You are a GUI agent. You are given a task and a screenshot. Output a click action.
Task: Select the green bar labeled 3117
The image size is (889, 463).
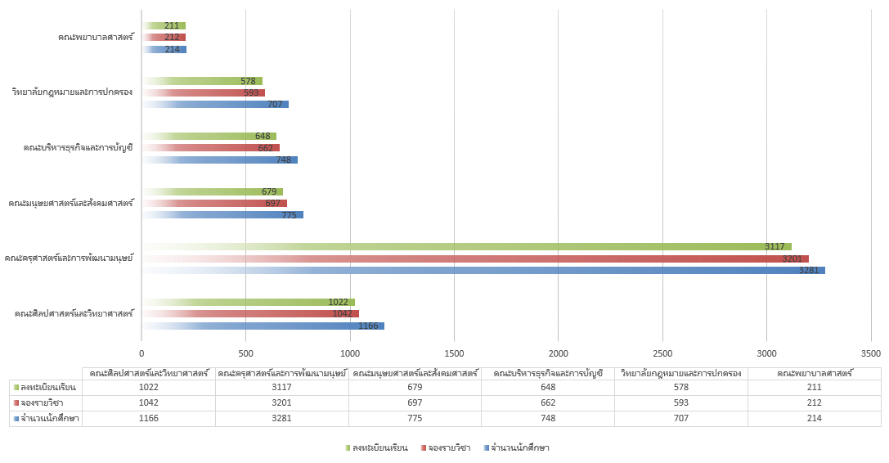click(466, 246)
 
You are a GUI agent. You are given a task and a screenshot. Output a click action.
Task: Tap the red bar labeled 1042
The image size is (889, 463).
click(250, 313)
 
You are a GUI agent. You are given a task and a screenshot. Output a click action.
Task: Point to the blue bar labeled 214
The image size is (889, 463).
click(164, 49)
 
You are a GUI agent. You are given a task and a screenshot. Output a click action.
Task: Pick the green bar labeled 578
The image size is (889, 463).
click(202, 81)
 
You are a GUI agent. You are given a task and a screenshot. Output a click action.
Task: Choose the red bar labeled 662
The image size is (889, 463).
click(210, 148)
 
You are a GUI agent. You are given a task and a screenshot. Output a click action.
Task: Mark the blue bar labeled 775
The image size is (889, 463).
click(222, 214)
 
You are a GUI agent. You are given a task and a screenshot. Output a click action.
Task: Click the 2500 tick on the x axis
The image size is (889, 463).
click(662, 353)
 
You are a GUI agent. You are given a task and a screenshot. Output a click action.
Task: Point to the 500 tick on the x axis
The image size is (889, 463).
click(245, 353)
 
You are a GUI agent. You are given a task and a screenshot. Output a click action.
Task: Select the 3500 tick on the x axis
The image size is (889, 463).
click(871, 353)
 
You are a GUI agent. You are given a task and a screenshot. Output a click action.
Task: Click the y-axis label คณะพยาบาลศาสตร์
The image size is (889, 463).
click(96, 38)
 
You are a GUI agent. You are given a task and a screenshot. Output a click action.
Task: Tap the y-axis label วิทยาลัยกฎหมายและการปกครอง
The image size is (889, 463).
click(73, 92)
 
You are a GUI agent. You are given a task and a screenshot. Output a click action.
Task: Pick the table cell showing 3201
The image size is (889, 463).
click(281, 402)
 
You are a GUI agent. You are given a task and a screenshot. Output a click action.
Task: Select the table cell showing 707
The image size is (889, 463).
click(680, 418)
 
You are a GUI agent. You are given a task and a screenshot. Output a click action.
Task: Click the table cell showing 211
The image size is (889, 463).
click(815, 387)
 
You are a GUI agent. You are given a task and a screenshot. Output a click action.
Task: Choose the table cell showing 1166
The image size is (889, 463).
click(148, 418)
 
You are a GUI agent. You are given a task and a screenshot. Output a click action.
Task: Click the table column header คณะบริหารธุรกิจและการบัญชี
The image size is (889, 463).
click(548, 373)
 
